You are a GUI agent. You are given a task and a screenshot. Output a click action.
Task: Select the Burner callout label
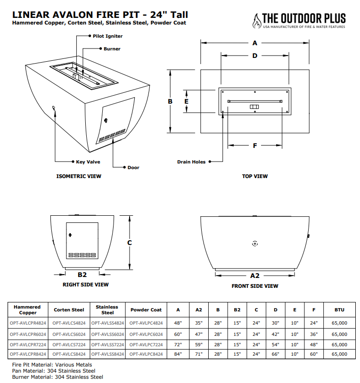click(112, 49)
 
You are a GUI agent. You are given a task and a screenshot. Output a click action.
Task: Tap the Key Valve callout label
click(88, 162)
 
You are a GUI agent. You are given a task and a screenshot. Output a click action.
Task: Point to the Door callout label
click(133, 167)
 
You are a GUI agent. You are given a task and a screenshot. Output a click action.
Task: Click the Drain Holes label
click(191, 162)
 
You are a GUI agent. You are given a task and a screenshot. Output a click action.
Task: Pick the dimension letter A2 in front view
click(255, 275)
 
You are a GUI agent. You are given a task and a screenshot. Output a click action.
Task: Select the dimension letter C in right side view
click(130, 243)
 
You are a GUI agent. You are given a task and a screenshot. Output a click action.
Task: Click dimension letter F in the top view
click(255, 146)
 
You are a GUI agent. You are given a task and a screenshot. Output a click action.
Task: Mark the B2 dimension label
click(82, 274)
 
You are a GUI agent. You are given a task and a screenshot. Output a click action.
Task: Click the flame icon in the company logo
click(256, 20)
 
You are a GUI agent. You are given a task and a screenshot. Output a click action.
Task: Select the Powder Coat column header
click(146, 310)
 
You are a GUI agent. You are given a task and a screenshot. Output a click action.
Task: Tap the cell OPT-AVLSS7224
click(107, 343)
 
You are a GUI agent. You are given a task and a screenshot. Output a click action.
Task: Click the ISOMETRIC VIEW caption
click(79, 176)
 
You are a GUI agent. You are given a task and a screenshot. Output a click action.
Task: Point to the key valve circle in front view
click(254, 244)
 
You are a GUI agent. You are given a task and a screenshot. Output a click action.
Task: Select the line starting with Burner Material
click(57, 376)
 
